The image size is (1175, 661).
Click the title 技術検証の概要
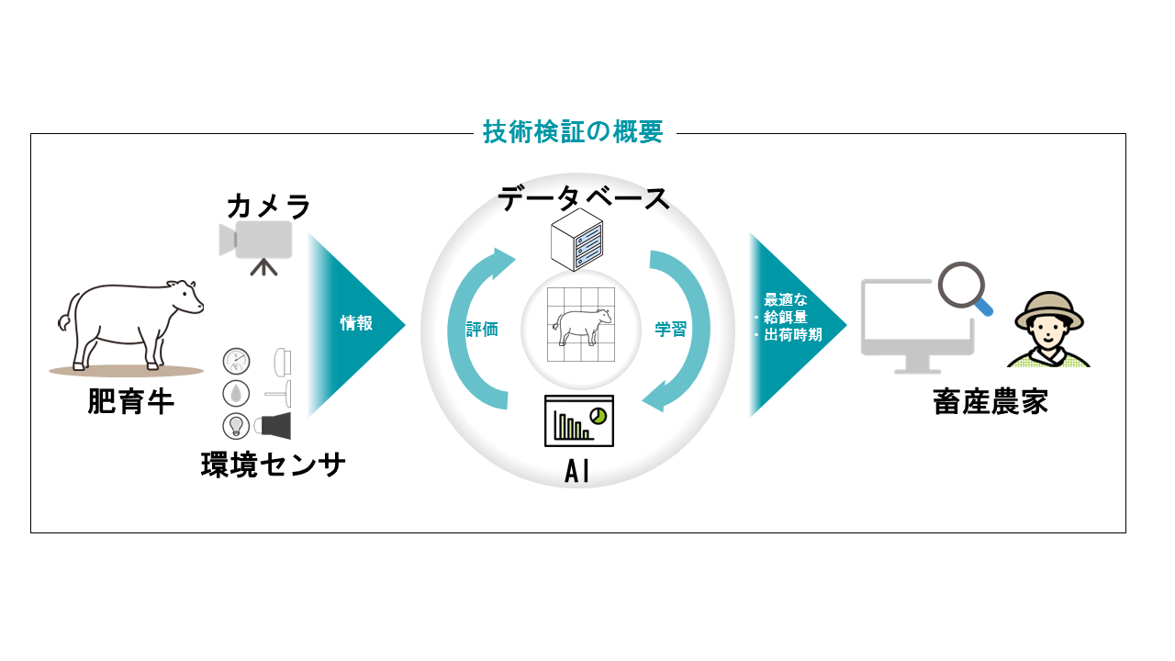click(x=573, y=132)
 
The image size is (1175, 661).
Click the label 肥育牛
click(x=131, y=401)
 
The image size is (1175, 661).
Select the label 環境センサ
click(x=273, y=465)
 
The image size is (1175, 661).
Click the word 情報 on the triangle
click(x=356, y=323)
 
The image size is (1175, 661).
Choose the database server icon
click(x=576, y=239)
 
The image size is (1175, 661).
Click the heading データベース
click(x=584, y=198)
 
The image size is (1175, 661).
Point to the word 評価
click(x=482, y=330)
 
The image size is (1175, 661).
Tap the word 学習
click(x=670, y=330)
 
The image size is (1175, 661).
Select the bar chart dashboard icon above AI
click(x=578, y=421)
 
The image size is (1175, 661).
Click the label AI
click(x=577, y=472)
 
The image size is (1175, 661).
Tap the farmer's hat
click(x=1049, y=307)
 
